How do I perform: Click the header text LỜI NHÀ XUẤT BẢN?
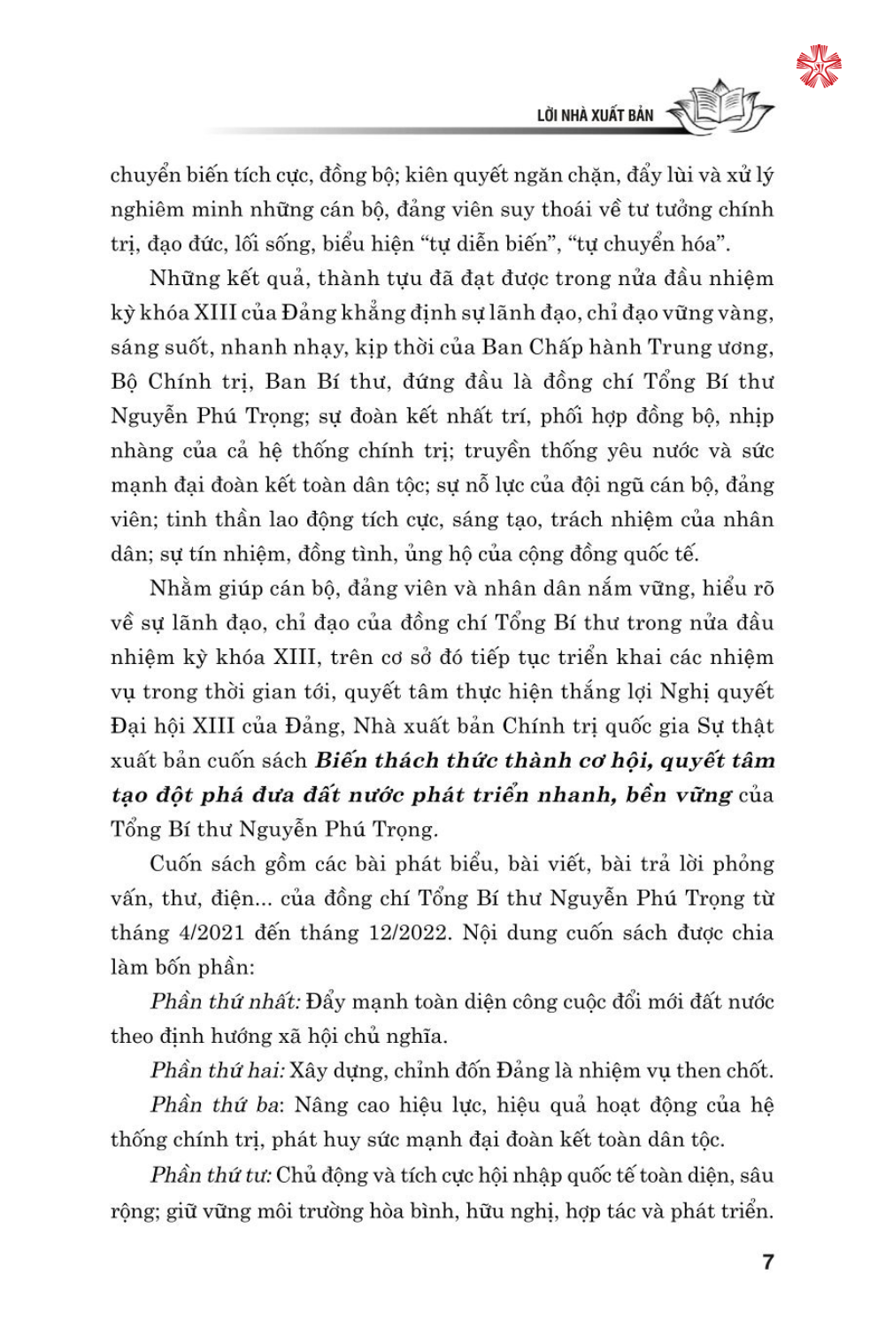(x=595, y=115)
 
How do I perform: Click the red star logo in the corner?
(x=819, y=66)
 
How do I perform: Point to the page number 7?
(x=767, y=1262)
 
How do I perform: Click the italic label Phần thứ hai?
(x=218, y=1070)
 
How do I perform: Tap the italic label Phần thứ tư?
(x=210, y=1175)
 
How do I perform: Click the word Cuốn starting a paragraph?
(x=181, y=863)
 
